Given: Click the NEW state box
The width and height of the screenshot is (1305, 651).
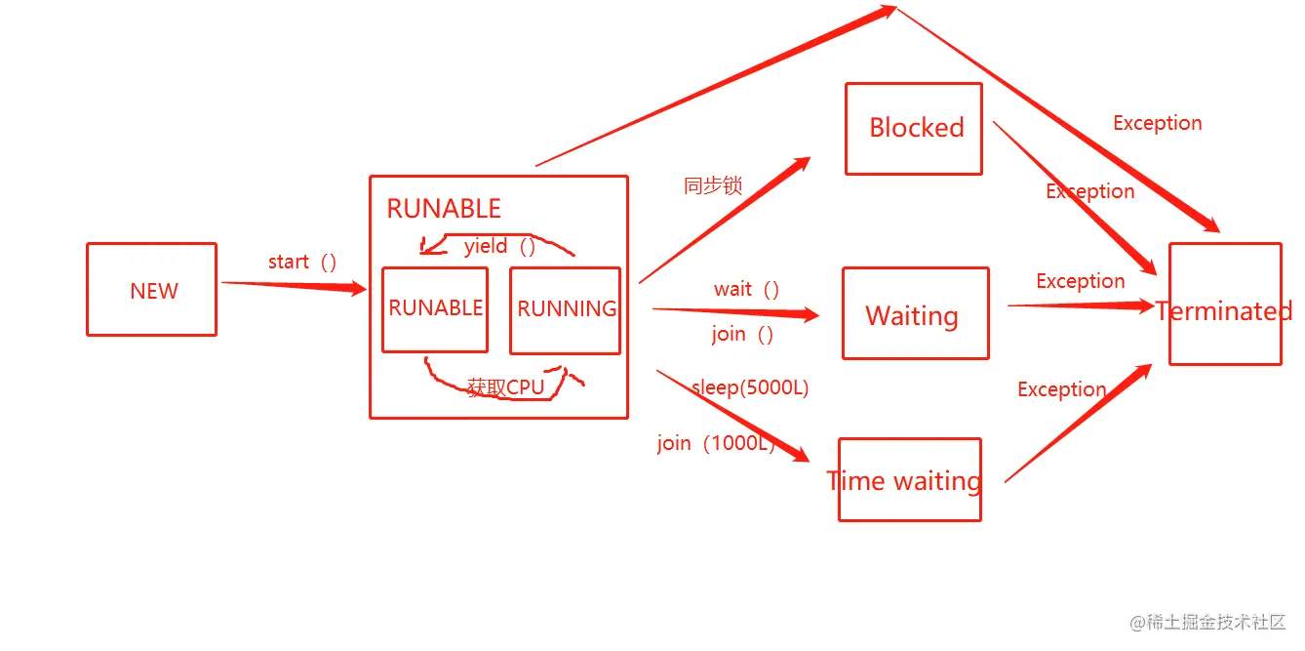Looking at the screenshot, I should tap(151, 290).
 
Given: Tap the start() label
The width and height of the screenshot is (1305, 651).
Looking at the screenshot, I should tap(302, 262).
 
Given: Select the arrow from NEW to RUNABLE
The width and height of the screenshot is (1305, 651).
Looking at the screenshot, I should tap(293, 285).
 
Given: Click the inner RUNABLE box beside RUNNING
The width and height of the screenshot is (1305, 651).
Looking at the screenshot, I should tap(435, 308).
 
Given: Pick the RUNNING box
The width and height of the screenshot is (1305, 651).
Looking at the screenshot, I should tap(566, 309).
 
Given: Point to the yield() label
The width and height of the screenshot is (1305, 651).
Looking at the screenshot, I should tap(499, 246).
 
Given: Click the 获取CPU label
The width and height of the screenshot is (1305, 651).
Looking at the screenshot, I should tap(505, 387).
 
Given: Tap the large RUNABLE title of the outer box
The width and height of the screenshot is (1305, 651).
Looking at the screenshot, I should tap(444, 209).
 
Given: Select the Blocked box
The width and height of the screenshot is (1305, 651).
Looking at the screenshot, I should tap(914, 128).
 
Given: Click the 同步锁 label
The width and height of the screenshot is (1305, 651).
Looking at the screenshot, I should tap(713, 185).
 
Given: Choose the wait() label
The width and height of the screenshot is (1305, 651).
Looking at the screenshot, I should tap(747, 289).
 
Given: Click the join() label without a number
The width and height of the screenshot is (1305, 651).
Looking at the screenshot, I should tap(742, 334).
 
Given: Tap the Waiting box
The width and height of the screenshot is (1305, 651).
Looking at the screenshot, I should tap(915, 314).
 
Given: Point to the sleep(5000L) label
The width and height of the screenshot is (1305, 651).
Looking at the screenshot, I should tap(750, 387).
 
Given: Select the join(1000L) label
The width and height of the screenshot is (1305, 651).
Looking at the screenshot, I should tap(716, 443).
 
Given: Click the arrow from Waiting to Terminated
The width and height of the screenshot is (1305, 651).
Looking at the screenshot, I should tap(1078, 305).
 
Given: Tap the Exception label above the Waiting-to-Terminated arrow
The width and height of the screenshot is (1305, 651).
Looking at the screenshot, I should tap(1080, 281).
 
